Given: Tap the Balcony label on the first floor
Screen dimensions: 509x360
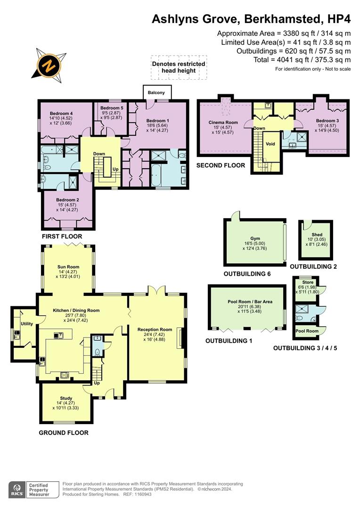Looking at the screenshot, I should (x=156, y=92).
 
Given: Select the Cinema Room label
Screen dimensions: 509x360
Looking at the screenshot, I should (x=223, y=123).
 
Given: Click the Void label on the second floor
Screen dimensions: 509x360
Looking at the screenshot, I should (x=270, y=144).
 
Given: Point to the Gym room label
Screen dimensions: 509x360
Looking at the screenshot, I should (x=255, y=239).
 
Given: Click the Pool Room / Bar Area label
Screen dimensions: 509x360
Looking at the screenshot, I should (x=248, y=302).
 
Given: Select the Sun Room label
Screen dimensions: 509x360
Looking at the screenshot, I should (x=68, y=267).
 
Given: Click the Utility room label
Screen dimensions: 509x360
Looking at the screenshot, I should (x=26, y=324).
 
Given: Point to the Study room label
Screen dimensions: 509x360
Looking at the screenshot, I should (x=66, y=398).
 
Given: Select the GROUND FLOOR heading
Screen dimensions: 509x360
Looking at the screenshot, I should (x=63, y=433).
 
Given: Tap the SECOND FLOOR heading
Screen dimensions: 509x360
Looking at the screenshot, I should (x=221, y=165).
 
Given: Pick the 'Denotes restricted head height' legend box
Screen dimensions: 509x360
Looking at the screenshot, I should (x=178, y=67).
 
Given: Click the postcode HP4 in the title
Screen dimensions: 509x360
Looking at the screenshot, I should (x=338, y=19).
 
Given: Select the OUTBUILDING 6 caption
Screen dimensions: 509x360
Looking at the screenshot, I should (x=247, y=273).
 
